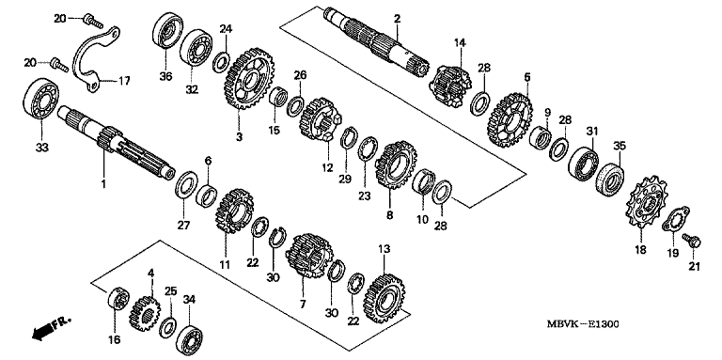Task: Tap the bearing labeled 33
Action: pos(40,101)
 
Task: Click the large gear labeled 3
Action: pos(249,78)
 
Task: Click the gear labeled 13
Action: pos(384,298)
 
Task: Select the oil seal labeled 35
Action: pos(610,180)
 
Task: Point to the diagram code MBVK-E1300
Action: pos(583,324)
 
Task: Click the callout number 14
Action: pos(460,43)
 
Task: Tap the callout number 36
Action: pos(165,76)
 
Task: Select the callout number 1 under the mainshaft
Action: pos(103,183)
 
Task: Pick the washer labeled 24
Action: pos(222,62)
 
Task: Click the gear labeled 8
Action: pos(396,165)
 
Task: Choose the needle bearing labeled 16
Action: pos(118,299)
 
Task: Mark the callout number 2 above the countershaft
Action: pos(397,19)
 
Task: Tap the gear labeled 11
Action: pos(234,211)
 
